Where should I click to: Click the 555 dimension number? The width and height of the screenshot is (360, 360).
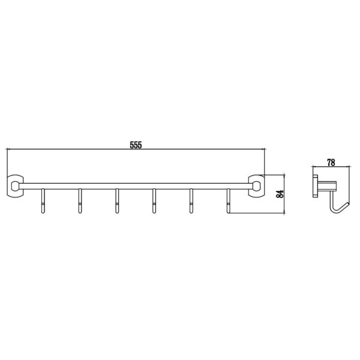[136, 145]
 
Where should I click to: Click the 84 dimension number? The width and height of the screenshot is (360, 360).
[280, 194]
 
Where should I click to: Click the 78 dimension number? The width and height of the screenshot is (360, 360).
[331, 163]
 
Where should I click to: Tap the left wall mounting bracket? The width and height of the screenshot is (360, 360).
[15, 186]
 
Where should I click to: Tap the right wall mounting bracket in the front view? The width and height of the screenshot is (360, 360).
[256, 186]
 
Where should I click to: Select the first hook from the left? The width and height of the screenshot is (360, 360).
[43, 201]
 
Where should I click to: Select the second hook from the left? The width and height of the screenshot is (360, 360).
[80, 201]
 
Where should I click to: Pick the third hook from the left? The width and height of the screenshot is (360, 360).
[117, 201]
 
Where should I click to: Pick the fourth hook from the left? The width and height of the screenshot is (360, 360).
[154, 201]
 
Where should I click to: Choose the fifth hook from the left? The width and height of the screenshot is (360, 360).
[191, 201]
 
